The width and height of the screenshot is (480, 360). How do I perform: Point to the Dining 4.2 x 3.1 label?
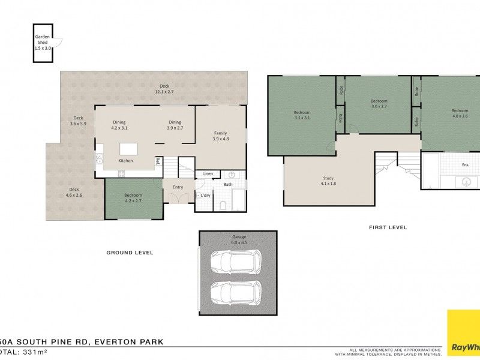point(119,125)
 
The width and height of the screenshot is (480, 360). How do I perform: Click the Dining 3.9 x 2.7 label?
point(175,125)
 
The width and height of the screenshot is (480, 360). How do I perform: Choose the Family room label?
point(221,136)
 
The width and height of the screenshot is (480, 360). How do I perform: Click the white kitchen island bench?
point(128,149)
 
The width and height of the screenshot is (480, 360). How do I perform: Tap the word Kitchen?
point(125,161)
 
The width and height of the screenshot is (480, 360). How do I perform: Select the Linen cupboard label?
point(208,173)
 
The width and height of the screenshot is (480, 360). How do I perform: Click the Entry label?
point(178,187)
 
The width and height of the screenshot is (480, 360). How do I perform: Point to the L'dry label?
point(205,196)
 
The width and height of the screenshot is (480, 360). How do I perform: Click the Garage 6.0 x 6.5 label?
point(239,239)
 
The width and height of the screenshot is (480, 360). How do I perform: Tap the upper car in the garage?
point(236,262)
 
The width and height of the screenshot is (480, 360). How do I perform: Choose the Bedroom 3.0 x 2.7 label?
point(379,104)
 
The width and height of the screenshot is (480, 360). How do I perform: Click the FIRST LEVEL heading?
point(388,227)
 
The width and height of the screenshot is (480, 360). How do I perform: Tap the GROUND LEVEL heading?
point(130,253)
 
